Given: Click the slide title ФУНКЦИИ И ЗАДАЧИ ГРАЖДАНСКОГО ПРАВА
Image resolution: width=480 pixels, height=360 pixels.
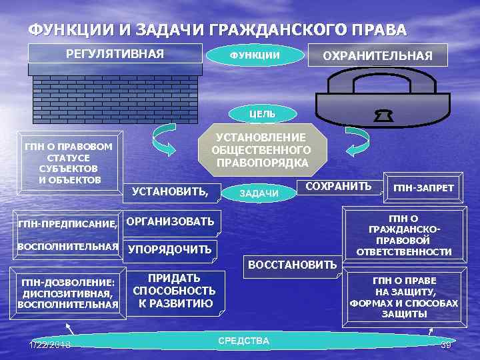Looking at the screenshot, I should click(217, 30).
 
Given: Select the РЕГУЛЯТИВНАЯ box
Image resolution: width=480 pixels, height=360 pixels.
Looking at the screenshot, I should click(115, 53).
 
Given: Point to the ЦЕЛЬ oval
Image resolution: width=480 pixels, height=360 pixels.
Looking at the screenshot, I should click(262, 114).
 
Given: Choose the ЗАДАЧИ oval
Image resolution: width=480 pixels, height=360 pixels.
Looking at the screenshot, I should click(259, 193).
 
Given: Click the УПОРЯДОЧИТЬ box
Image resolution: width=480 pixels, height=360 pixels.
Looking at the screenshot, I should click(169, 250).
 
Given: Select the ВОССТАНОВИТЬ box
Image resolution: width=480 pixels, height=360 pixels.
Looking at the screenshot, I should click(292, 265).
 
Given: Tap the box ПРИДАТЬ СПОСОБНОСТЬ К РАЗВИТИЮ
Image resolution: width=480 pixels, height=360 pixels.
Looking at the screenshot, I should click(174, 291).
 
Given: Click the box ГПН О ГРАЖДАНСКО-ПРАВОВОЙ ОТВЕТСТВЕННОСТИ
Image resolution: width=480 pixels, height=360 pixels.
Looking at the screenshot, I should click(404, 235).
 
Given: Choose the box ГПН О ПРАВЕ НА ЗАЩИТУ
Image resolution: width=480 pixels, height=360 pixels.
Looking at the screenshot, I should click(404, 297).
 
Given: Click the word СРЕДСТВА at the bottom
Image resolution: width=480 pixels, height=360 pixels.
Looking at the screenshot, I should click(243, 341).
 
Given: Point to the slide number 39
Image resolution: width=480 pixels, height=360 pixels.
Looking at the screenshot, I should click(446, 343).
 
